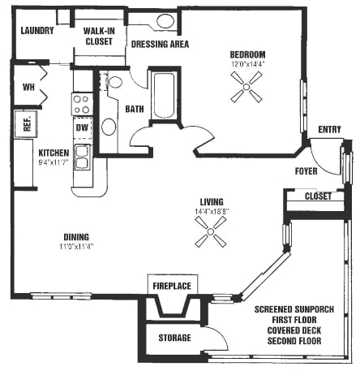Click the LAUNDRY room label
coord(38,31)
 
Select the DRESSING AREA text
coord(160,44)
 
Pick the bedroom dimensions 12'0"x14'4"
coord(248,63)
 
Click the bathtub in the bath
coord(164,97)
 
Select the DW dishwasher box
coord(82,127)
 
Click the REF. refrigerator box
coord(27,124)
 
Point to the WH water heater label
coord(28,87)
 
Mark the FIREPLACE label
coord(171,287)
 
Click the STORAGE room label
coord(174,338)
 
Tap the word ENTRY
coord(329,129)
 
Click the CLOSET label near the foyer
coord(318,196)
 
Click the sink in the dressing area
coord(165,21)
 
